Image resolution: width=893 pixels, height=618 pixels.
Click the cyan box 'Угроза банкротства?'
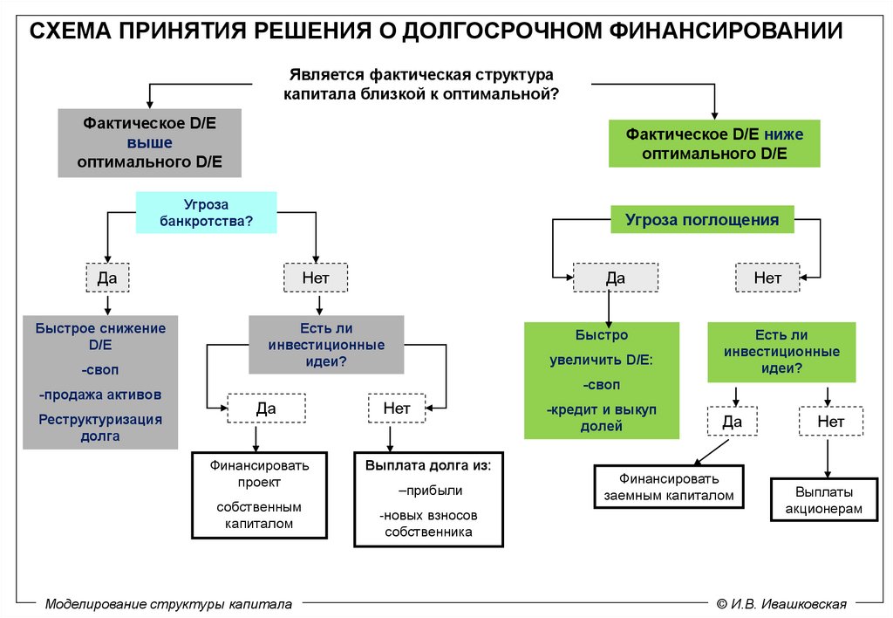tap(206, 212)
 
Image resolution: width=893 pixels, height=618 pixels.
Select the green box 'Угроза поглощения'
tap(702, 220)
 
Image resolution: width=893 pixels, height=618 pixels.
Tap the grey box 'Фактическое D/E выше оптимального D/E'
tap(149, 143)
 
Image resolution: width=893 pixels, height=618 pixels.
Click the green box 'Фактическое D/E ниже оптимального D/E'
tap(714, 144)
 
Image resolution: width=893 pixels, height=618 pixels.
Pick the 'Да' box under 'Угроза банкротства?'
tap(106, 278)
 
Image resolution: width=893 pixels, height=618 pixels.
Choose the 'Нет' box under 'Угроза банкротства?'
tap(315, 278)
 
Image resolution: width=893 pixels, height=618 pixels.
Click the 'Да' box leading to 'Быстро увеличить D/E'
tap(616, 278)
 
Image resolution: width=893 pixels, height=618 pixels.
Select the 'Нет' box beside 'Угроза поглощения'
tap(767, 278)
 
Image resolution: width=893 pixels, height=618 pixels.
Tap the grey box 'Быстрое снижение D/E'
tap(100, 382)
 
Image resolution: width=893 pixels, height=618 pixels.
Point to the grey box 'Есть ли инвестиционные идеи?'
tap(327, 345)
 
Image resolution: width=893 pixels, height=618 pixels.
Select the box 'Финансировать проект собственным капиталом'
tap(258, 494)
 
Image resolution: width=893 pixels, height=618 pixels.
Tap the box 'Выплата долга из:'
tap(428, 498)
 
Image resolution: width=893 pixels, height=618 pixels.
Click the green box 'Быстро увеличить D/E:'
tap(602, 381)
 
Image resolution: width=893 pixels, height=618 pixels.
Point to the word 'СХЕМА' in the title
tap(71, 32)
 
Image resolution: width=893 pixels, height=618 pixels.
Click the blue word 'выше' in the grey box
tap(150, 143)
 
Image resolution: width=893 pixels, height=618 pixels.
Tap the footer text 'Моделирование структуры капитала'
tap(167, 603)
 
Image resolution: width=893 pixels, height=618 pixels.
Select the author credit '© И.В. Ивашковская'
tap(781, 603)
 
